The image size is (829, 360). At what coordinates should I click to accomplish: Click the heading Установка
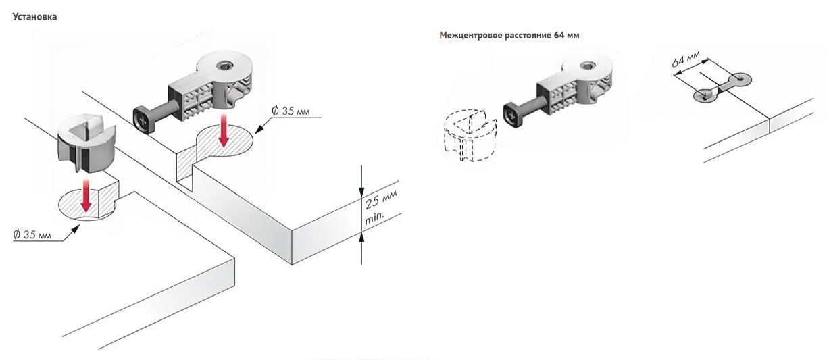34,17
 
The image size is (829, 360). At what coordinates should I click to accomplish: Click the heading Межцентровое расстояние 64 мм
509,36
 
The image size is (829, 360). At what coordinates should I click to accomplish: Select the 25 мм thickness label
381,199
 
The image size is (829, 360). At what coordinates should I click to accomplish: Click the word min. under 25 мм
375,218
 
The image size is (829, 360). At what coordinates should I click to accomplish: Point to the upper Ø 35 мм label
291,111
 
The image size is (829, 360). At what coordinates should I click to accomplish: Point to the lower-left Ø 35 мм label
32,234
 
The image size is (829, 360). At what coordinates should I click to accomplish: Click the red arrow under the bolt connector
224,131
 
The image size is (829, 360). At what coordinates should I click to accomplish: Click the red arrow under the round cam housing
86,196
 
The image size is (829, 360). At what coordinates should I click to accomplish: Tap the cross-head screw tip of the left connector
142,120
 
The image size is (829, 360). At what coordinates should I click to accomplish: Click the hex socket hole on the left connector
224,67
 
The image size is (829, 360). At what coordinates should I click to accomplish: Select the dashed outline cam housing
470,134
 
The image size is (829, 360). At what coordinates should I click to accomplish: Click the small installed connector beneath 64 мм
722,87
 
